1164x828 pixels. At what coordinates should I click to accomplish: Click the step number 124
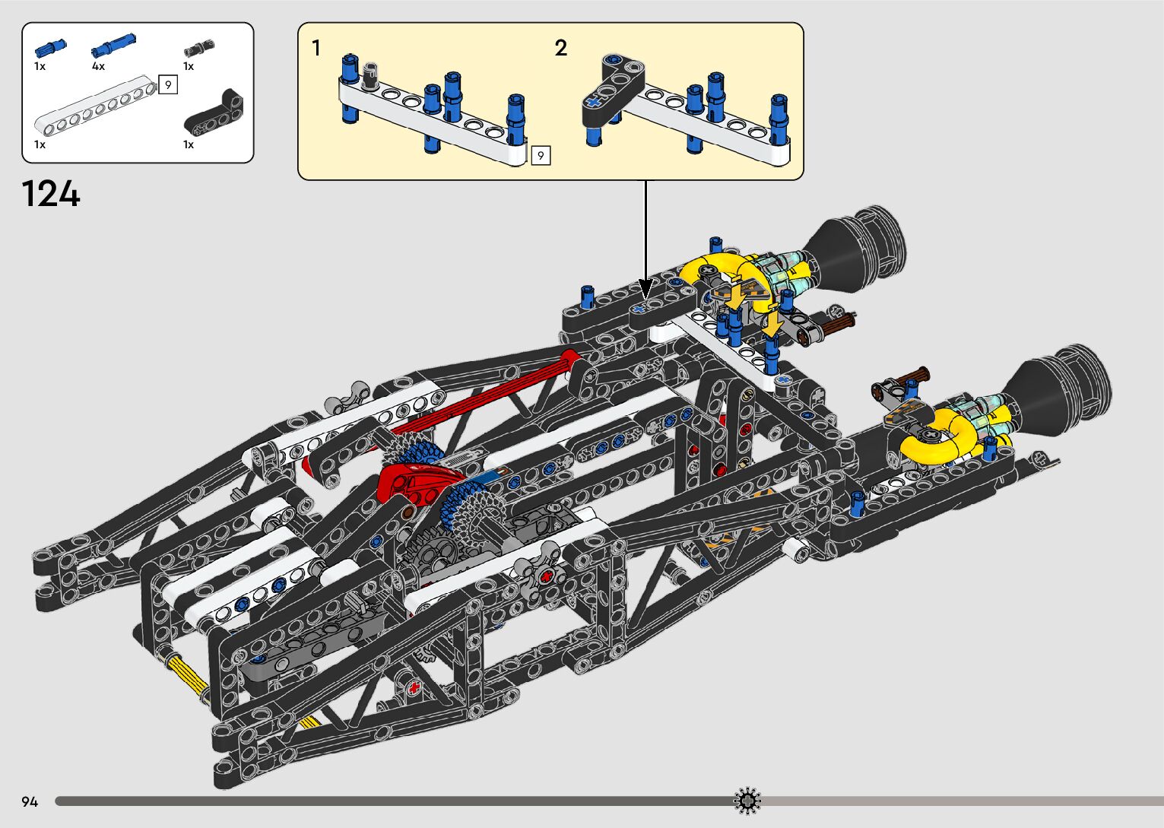click(x=51, y=194)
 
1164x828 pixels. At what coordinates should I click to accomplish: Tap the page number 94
click(x=30, y=802)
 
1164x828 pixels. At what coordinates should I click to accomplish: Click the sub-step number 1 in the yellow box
click(x=316, y=49)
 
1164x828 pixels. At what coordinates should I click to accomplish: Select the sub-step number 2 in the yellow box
click(x=560, y=49)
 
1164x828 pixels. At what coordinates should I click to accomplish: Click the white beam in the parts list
click(x=97, y=106)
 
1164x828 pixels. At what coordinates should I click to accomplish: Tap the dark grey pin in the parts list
click(x=199, y=49)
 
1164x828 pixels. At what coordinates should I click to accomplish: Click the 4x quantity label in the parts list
click(x=98, y=67)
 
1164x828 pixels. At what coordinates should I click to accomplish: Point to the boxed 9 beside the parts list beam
click(x=168, y=84)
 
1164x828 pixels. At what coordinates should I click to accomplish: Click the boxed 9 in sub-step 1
click(x=541, y=155)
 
